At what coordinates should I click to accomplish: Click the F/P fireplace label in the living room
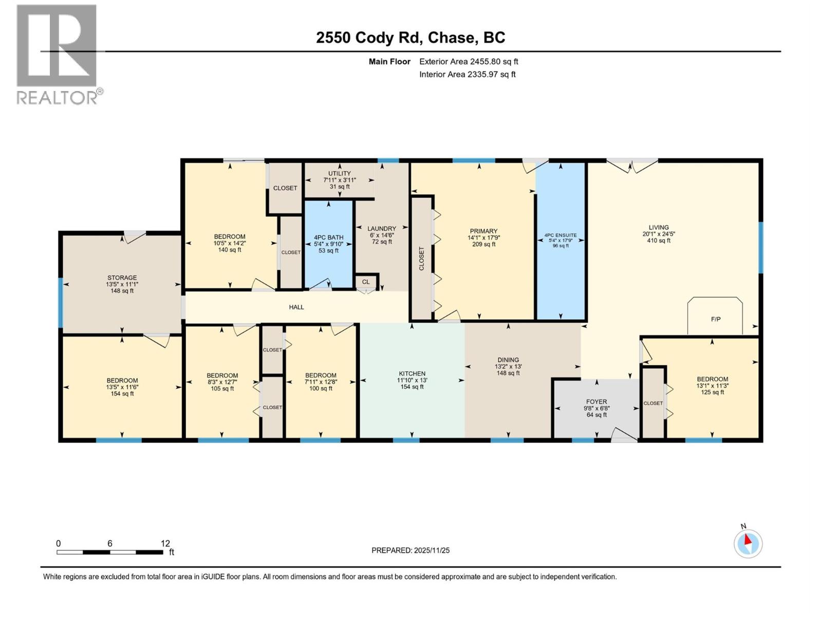click(715, 319)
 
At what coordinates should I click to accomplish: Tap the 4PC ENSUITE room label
click(561, 235)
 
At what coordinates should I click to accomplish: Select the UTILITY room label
click(339, 173)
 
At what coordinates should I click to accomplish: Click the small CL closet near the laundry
click(366, 282)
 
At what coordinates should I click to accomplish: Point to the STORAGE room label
click(122, 278)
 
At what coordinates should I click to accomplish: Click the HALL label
click(296, 307)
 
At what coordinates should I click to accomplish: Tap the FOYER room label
click(596, 402)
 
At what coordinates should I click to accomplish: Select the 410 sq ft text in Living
click(659, 241)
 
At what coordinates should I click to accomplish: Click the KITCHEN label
click(412, 374)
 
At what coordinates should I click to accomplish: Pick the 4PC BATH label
click(328, 238)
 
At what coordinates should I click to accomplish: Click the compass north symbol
click(748, 543)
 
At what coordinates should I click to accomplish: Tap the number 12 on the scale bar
click(165, 543)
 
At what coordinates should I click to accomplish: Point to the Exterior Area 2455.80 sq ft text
click(468, 62)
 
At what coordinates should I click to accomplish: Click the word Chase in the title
click(451, 38)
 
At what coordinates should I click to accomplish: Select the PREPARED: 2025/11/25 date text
click(410, 550)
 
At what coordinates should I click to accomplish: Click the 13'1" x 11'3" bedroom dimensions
click(712, 386)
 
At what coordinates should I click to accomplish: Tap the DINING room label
click(508, 360)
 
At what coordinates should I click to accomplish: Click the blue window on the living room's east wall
click(761, 248)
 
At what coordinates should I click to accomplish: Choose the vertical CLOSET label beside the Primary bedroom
click(422, 259)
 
